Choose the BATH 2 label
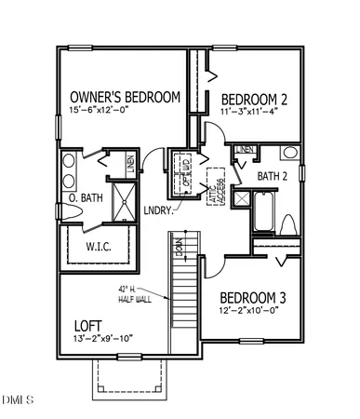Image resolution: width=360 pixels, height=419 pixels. (x=273, y=176)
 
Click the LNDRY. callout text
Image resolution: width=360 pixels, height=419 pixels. (x=158, y=209)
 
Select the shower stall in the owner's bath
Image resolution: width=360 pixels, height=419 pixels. (x=121, y=197)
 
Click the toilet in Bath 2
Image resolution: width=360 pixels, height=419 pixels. (x=287, y=223)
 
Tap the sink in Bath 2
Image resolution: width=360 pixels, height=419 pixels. (x=289, y=153)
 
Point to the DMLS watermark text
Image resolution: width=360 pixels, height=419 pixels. (x=18, y=401)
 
